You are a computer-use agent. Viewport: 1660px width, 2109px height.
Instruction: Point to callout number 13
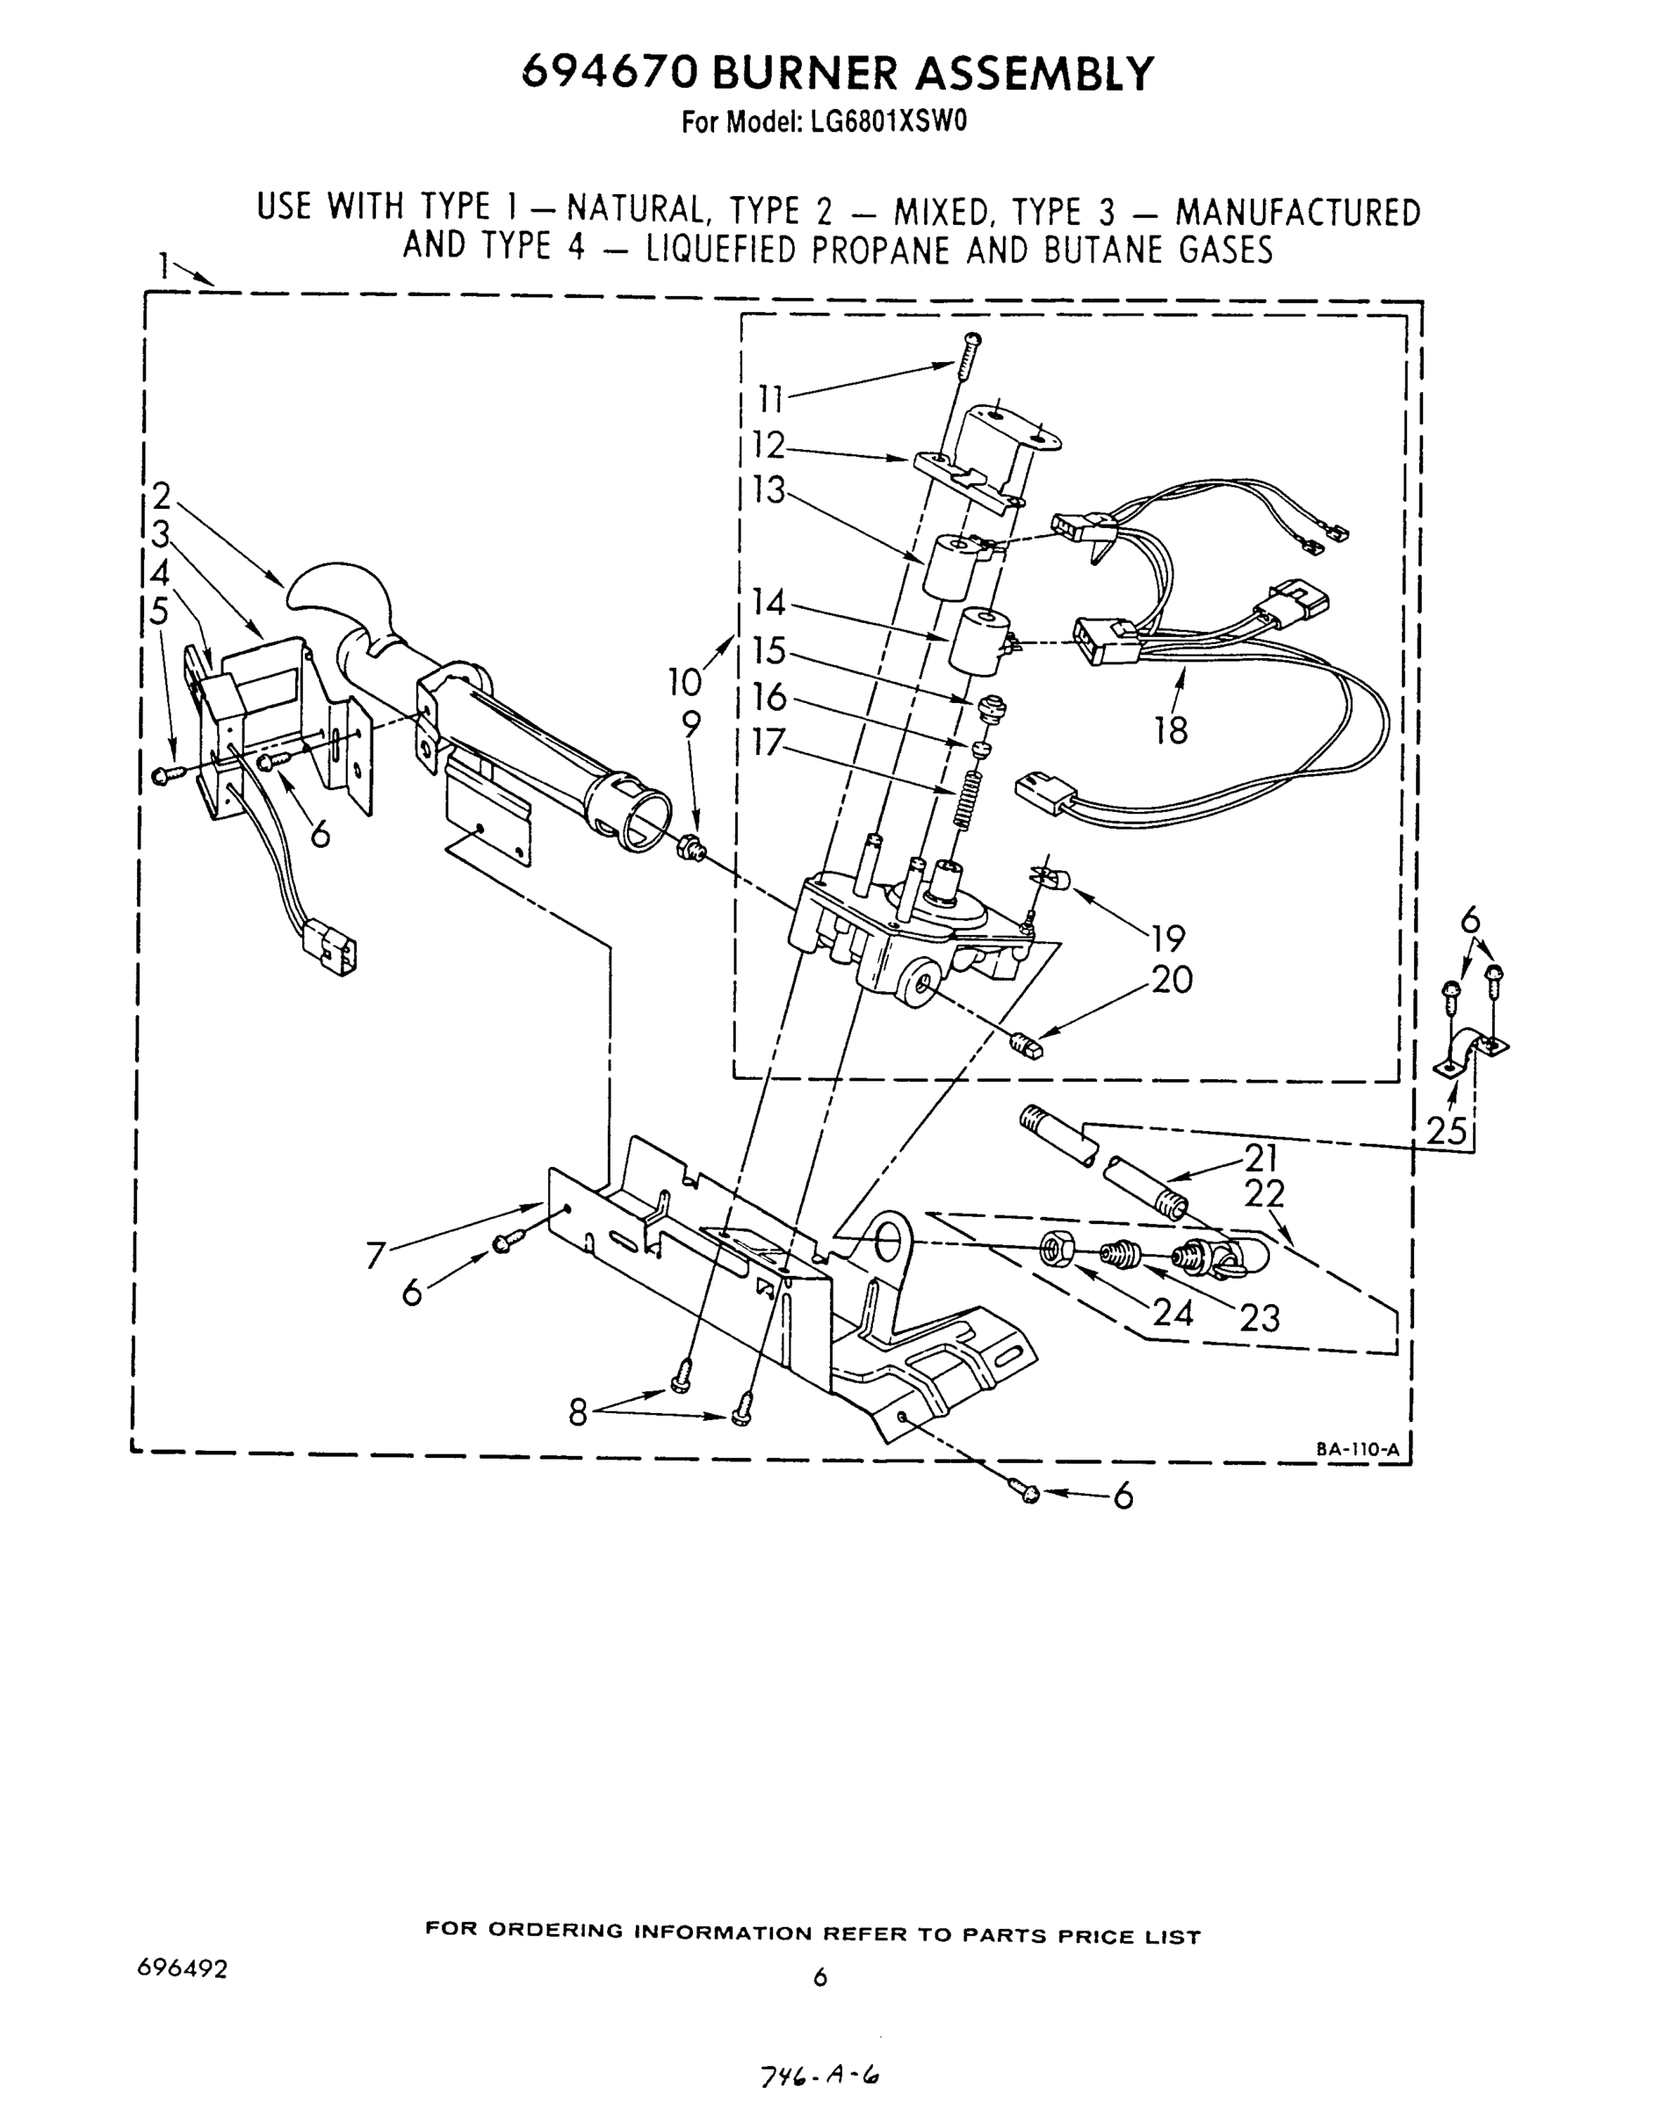pos(769,491)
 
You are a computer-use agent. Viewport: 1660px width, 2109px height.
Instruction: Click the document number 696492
pos(183,1968)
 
